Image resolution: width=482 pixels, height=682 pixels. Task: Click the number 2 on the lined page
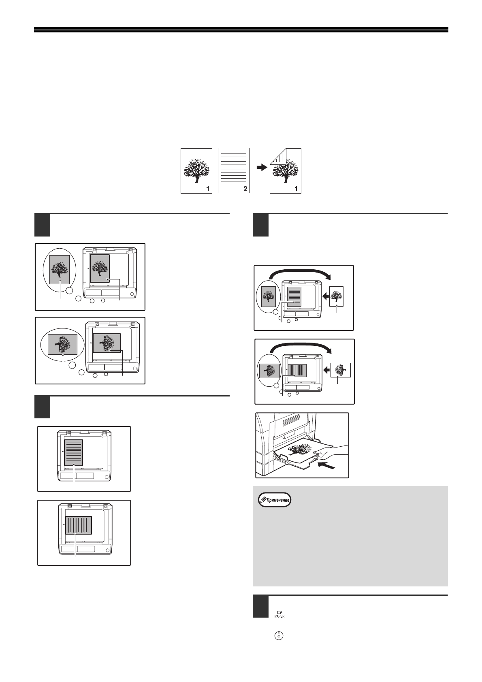245,188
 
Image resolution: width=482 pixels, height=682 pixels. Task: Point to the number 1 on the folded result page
296,188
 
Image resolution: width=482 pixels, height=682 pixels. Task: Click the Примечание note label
275,500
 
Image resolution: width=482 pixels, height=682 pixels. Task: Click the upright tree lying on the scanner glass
99,268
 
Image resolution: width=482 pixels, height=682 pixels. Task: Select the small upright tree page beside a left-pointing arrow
337,296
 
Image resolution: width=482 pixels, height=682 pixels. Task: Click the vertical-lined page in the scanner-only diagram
79,525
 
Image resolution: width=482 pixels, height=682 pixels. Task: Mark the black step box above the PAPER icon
260,606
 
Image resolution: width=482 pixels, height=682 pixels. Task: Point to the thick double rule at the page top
241,30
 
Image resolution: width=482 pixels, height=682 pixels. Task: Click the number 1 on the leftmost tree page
207,188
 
